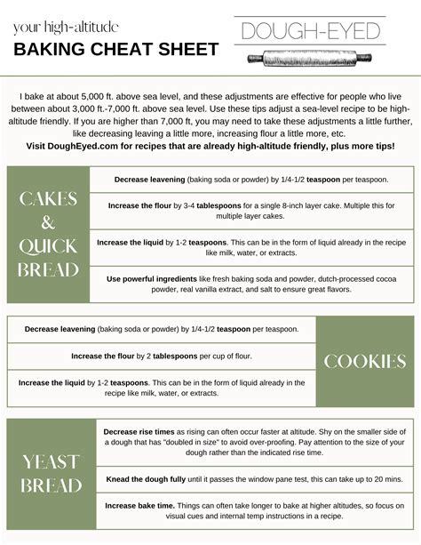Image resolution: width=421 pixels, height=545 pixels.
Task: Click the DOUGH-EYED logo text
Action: click(x=311, y=32)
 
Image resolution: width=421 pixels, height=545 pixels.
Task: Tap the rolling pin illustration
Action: click(x=311, y=57)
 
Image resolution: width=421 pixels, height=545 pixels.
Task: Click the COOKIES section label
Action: click(x=364, y=361)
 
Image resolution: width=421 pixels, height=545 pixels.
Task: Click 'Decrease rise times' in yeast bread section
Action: click(x=136, y=431)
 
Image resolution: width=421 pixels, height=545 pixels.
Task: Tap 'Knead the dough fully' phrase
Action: click(x=146, y=479)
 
